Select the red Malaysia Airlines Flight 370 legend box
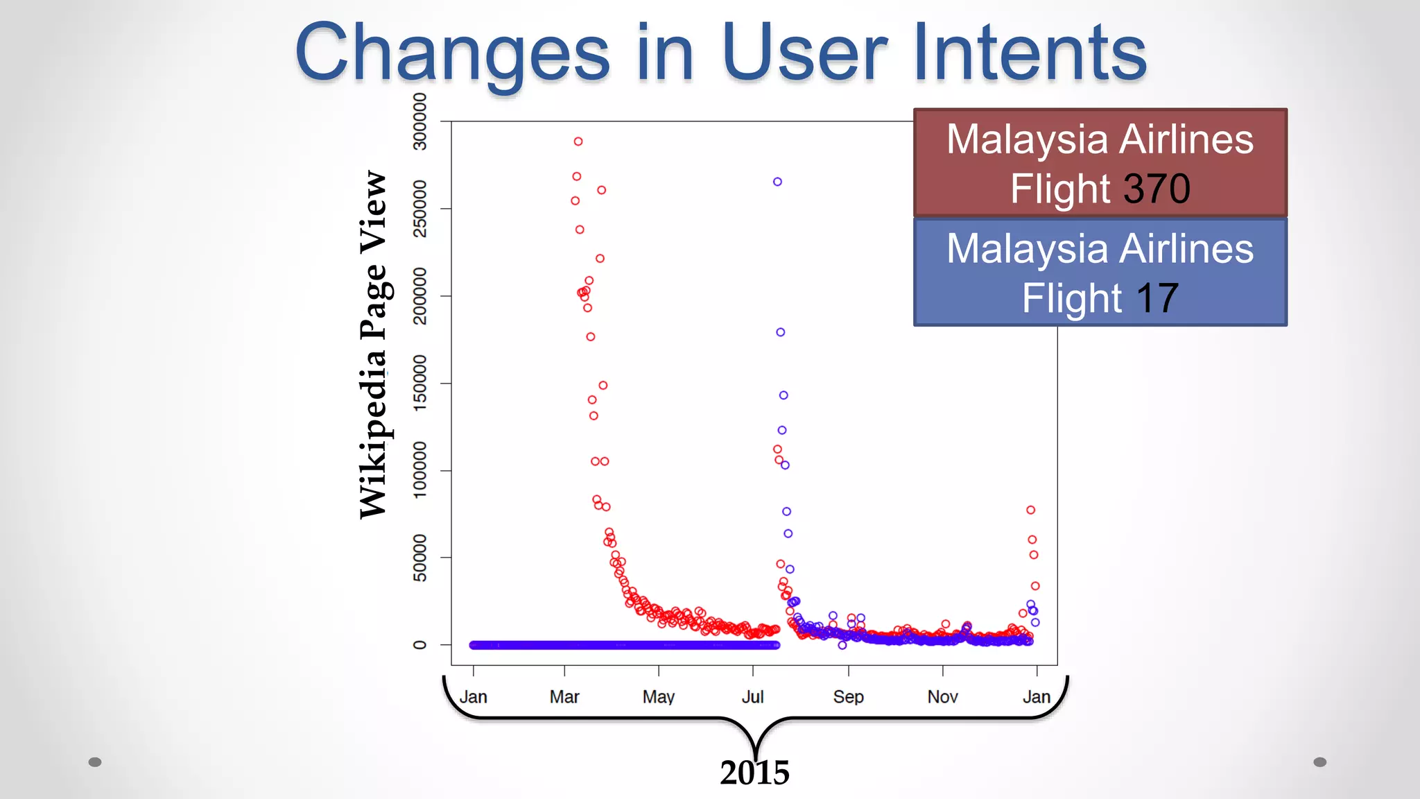1100,162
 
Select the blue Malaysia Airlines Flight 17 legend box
1100,272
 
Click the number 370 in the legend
1157,189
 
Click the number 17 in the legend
1157,298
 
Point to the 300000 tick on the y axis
419,121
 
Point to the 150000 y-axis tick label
419,383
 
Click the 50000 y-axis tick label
419,558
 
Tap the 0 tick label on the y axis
419,645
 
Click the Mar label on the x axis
564,696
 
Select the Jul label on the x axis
752,696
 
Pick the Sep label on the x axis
848,696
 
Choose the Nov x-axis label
942,696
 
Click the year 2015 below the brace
754,773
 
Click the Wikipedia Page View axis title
373,345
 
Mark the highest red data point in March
578,141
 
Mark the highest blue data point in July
777,182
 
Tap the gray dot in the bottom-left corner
95,762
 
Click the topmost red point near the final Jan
1031,510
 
